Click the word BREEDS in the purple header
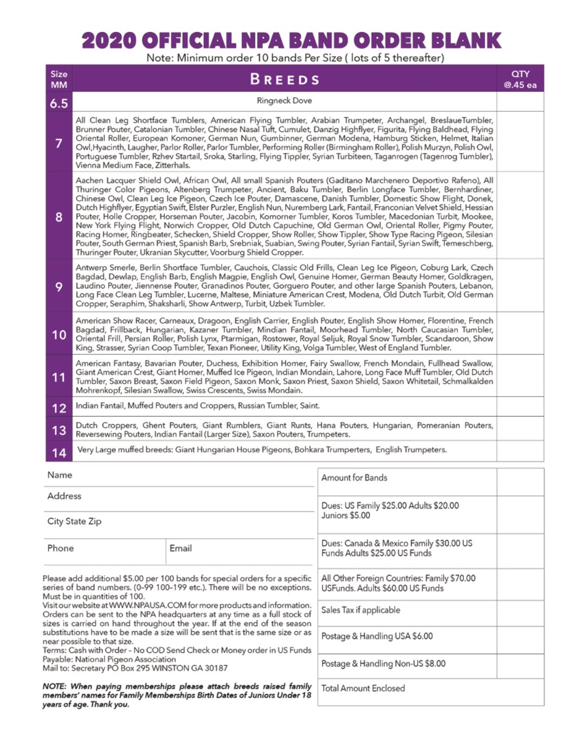point(284,79)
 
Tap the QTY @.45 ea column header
point(520,79)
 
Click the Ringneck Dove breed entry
point(284,101)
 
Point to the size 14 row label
point(59,453)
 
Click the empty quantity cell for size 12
point(520,406)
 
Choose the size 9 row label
point(59,286)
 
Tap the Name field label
point(59,475)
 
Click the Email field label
point(181,548)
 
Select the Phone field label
point(61,548)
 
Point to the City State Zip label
point(74,521)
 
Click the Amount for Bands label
point(354,478)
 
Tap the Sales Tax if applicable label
point(361,610)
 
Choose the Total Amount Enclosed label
point(363,688)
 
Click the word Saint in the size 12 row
point(310,406)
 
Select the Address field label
point(64,496)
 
